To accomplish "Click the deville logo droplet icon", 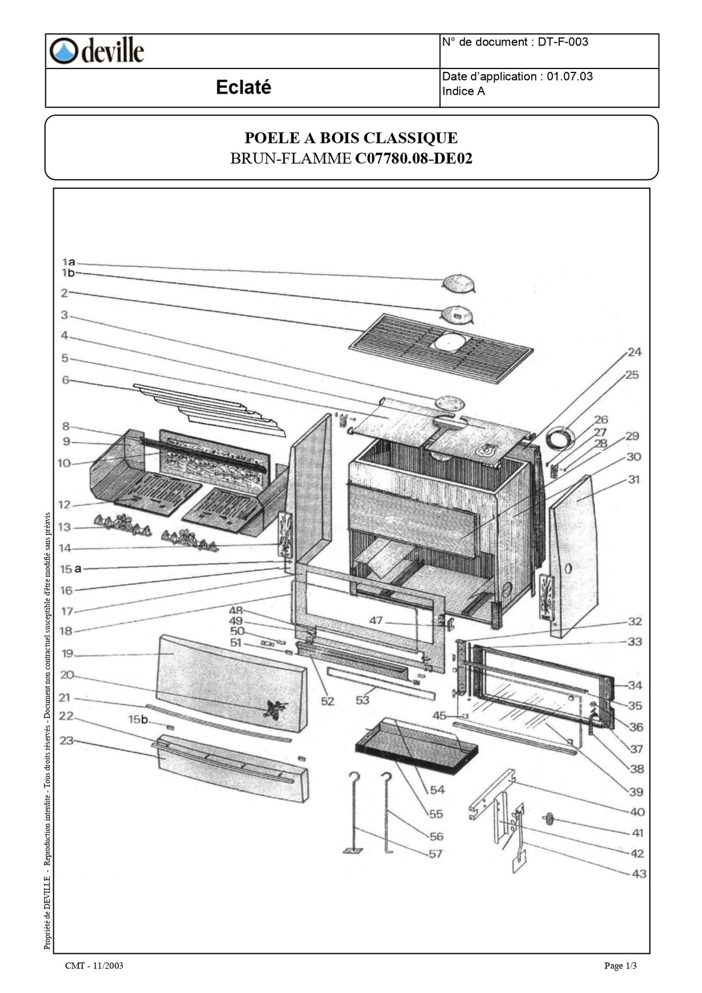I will [x=63, y=51].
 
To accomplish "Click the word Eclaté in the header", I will [x=243, y=88].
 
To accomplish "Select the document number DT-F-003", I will [x=563, y=42].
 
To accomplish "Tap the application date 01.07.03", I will [x=569, y=77].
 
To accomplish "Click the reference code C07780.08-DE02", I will [x=413, y=158].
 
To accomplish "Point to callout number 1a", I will [x=68, y=263].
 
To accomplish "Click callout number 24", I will [x=634, y=352].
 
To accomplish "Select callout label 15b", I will [x=138, y=719].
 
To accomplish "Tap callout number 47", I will [x=376, y=620].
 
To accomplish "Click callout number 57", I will [x=435, y=854].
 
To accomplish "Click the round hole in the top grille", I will [x=450, y=340].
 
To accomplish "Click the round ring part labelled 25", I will [x=560, y=437].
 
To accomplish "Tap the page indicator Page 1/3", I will [x=620, y=966].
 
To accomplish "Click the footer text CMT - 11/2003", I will [x=94, y=966].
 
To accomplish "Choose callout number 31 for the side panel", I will [x=634, y=480].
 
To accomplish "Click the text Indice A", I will [x=463, y=92].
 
